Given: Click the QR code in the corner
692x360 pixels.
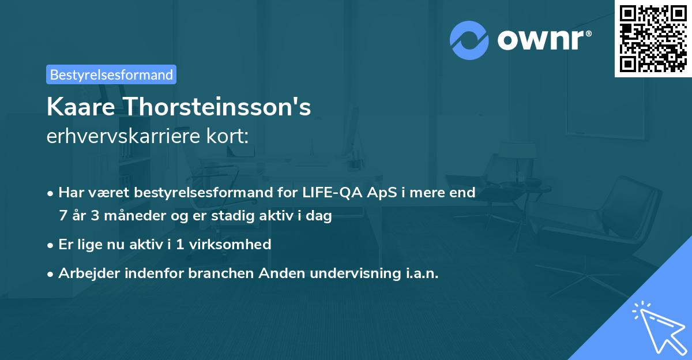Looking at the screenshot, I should click(x=653, y=38).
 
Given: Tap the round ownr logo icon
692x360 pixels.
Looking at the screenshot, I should click(x=469, y=40).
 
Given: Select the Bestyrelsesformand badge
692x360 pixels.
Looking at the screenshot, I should click(x=111, y=74).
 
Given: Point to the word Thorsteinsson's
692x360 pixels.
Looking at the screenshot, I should click(x=219, y=107).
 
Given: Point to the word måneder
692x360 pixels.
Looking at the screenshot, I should click(x=120, y=216).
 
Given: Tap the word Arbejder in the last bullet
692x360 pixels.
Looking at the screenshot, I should click(x=85, y=273).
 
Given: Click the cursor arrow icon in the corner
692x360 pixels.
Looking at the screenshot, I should click(x=657, y=327).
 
